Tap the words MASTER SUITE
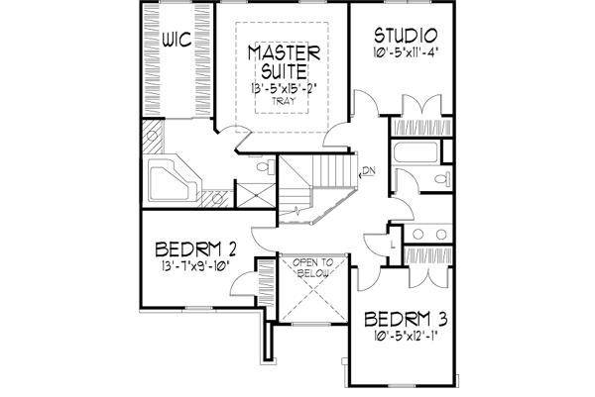(283, 60)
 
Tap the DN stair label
(368, 170)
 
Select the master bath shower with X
(255, 188)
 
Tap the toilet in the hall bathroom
(442, 179)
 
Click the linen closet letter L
(395, 243)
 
